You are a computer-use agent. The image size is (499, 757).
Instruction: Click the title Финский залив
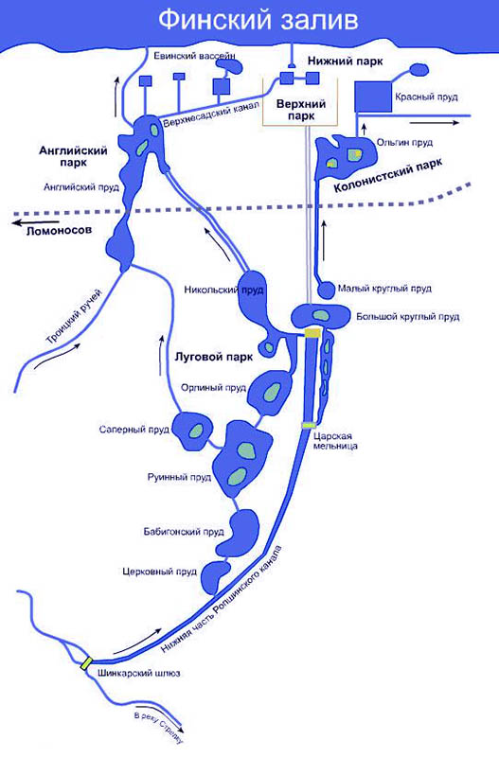click(258, 21)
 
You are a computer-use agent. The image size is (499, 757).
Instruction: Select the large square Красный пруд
click(373, 97)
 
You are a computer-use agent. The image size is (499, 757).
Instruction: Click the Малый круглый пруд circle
click(326, 290)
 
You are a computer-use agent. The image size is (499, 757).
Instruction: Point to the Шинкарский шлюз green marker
click(86, 663)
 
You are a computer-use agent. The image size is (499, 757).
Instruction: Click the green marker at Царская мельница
click(309, 425)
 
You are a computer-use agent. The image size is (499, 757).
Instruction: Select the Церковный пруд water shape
click(215, 578)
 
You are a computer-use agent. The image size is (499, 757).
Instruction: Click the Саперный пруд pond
click(193, 431)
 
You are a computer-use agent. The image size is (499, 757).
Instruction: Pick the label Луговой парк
click(213, 358)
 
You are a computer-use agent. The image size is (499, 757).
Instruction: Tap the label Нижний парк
click(346, 62)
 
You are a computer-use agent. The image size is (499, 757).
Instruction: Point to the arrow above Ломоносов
click(29, 223)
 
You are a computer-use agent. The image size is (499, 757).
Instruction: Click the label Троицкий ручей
click(75, 316)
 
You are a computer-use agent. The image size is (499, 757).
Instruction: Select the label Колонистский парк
click(388, 177)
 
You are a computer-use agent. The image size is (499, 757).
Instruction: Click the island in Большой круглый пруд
click(320, 315)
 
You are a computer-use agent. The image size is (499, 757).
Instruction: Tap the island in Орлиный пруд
click(272, 393)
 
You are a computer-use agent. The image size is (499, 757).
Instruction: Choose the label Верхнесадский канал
click(210, 114)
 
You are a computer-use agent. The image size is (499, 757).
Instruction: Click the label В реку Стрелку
click(159, 728)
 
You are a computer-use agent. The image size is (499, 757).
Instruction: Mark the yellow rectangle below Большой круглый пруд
click(312, 333)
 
